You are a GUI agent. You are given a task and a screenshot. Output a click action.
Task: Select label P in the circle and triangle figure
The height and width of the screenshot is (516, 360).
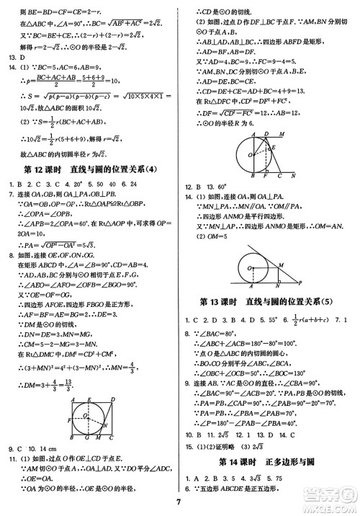pyautogui.click(x=300, y=283)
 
